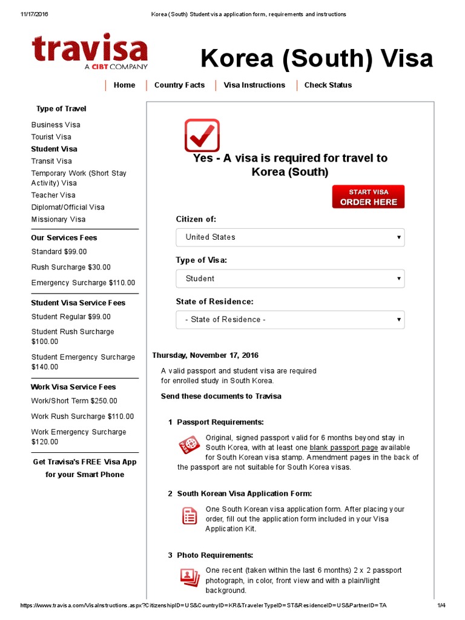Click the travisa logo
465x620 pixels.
tap(90, 52)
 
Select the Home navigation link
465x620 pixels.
tap(124, 85)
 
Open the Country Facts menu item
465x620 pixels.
tap(179, 85)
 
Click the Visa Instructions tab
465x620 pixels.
tap(254, 85)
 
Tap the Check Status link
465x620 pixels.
tap(328, 85)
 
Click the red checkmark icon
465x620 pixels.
tap(202, 135)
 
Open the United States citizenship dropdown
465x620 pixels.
tap(290, 237)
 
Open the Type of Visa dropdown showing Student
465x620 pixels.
tap(290, 279)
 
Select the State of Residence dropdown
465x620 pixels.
tap(290, 320)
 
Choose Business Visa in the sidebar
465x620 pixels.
tap(56, 125)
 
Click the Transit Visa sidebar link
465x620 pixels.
tap(51, 161)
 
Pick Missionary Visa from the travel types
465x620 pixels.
tap(58, 219)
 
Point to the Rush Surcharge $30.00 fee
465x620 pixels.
tap(71, 267)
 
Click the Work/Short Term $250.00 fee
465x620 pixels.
tap(74, 401)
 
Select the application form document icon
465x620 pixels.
tap(190, 516)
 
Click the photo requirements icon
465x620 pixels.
tap(190, 577)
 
